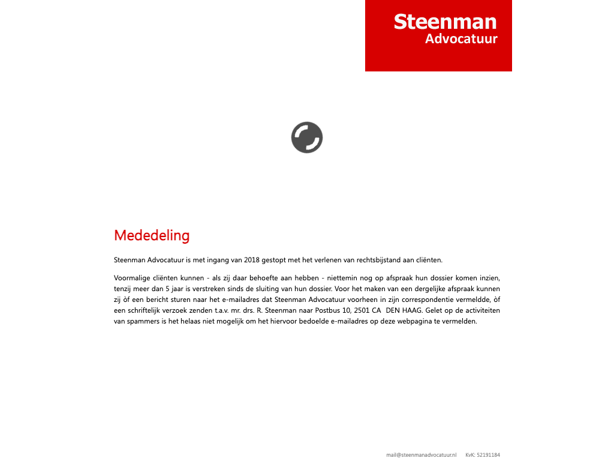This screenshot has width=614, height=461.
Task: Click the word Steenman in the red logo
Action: point(445,22)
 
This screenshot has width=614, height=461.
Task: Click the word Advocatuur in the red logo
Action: point(461,39)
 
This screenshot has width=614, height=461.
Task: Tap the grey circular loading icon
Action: point(307,137)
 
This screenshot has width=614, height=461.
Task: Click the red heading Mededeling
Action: point(152,235)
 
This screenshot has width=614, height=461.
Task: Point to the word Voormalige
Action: point(132,278)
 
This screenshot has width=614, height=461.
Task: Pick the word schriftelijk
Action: point(146,310)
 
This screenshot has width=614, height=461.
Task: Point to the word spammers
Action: point(142,321)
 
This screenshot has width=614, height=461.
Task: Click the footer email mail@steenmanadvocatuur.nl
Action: point(422,455)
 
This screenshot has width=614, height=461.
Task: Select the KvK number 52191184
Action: point(488,455)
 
